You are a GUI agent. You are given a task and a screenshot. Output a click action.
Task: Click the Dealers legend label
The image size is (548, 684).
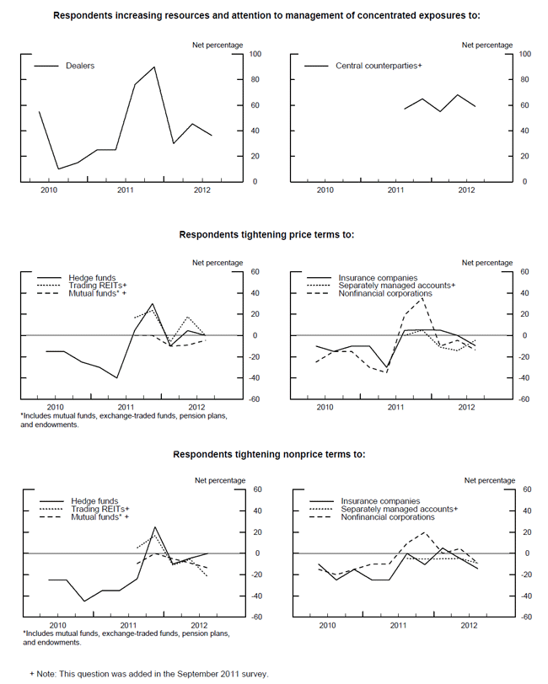pyautogui.click(x=80, y=65)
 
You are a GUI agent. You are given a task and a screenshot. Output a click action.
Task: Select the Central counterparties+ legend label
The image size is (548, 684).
pyautogui.click(x=379, y=65)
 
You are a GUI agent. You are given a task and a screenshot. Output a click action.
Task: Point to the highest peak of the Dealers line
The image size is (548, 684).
pyautogui.click(x=154, y=67)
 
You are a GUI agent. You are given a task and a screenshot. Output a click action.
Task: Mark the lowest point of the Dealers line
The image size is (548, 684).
pyautogui.click(x=59, y=168)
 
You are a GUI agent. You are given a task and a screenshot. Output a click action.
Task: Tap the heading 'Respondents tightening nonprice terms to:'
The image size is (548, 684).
pyautogui.click(x=269, y=454)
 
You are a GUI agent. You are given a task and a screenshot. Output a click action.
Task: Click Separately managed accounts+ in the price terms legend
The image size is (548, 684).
pyautogui.click(x=396, y=286)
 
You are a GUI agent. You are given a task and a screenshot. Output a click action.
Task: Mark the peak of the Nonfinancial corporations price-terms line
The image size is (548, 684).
pyautogui.click(x=422, y=298)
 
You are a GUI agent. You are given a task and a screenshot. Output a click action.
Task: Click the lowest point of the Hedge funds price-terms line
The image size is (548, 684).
pyautogui.click(x=116, y=378)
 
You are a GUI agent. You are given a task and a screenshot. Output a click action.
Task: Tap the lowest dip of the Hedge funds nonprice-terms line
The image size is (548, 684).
pyautogui.click(x=83, y=601)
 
